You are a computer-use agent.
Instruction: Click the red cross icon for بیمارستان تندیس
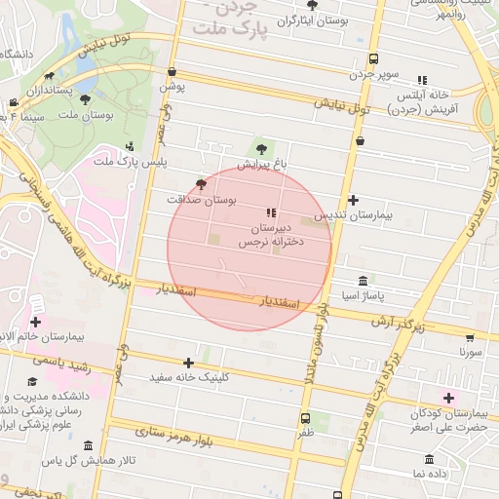pyautogui.click(x=353, y=200)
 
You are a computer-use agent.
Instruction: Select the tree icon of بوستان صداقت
pyautogui.click(x=202, y=183)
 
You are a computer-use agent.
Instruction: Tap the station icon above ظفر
pyautogui.click(x=306, y=418)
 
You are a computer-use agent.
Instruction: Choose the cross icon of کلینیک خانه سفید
pyautogui.click(x=188, y=363)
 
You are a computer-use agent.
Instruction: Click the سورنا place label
pyautogui.click(x=472, y=354)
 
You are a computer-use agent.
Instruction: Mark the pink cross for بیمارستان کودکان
pyautogui.click(x=448, y=398)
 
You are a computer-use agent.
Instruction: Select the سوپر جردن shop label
pyautogui.click(x=373, y=74)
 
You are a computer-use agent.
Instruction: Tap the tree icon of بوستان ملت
pyautogui.click(x=86, y=98)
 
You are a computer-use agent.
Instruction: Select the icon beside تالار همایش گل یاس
pyautogui.click(x=88, y=446)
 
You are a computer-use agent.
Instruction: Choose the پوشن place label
pyautogui.click(x=173, y=86)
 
